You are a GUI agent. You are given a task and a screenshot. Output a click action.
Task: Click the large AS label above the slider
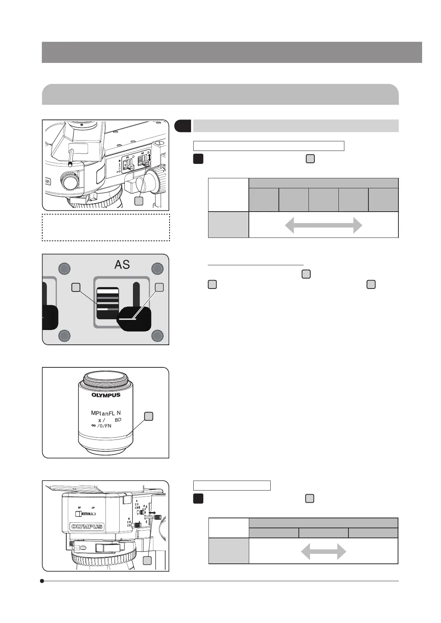(122, 265)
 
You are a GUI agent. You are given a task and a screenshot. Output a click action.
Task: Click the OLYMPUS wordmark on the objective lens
(106, 395)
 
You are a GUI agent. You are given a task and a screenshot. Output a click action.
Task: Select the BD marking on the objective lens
(118, 420)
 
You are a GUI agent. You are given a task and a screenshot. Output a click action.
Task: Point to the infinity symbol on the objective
(93, 425)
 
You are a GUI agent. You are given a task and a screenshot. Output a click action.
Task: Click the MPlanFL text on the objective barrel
(103, 413)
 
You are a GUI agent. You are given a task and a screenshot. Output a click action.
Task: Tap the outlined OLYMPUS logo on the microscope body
(87, 526)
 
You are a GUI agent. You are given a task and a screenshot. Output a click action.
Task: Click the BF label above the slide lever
(79, 508)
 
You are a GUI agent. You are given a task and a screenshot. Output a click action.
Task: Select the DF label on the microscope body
(93, 508)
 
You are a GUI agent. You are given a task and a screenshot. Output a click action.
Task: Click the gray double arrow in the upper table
(323, 225)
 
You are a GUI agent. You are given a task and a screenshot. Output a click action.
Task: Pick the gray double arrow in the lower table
(323, 551)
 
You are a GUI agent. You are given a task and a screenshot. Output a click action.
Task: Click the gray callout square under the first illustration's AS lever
(138, 201)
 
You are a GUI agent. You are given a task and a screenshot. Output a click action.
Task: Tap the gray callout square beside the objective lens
(148, 416)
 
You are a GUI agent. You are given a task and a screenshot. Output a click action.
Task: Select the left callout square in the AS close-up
(76, 287)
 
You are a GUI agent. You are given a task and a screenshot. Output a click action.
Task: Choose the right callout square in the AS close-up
(159, 287)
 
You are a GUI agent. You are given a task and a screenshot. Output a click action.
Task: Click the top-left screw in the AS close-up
(64, 268)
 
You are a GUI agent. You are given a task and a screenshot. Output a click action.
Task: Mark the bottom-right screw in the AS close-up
(157, 336)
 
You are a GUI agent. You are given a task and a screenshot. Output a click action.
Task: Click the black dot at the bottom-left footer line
(42, 581)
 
